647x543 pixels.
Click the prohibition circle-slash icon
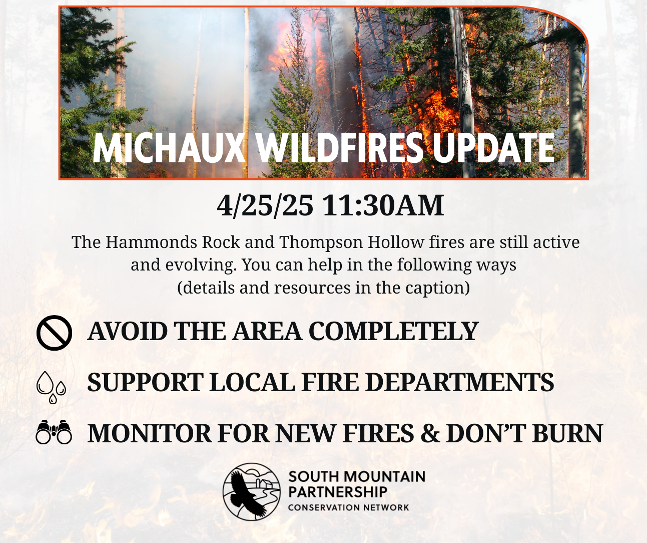coord(54,333)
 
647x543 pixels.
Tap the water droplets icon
coord(51,387)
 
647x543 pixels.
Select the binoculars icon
coord(54,433)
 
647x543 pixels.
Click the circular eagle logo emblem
coord(252,491)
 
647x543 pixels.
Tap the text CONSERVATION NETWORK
coord(348,507)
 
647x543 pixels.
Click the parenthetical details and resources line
coord(323,288)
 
